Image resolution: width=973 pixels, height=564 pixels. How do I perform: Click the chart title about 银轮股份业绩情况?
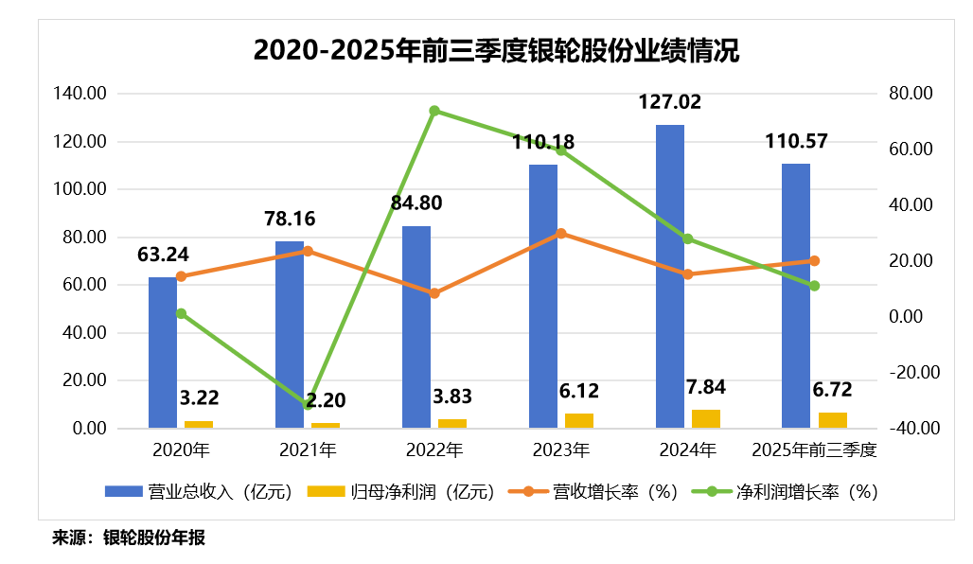point(496,50)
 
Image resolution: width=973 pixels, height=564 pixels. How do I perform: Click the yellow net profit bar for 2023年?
point(579,421)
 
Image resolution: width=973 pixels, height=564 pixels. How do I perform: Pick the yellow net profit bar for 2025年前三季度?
point(833,420)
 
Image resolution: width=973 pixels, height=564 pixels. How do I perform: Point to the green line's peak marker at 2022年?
point(434,111)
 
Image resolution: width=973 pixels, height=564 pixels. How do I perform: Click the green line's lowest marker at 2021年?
point(308,405)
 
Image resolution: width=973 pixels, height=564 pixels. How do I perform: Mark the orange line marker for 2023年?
point(561,233)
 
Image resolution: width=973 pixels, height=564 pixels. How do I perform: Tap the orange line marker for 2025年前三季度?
point(814,260)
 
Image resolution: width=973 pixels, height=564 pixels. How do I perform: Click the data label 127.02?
point(670,102)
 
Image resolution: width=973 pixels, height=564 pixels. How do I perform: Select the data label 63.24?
point(163,255)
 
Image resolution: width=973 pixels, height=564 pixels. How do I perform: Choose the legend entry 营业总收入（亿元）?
point(204,491)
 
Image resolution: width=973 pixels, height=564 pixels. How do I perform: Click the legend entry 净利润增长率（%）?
point(786,491)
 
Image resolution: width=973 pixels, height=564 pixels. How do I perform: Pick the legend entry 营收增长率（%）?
point(593,491)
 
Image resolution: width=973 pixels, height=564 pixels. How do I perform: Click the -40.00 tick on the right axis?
point(913,428)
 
